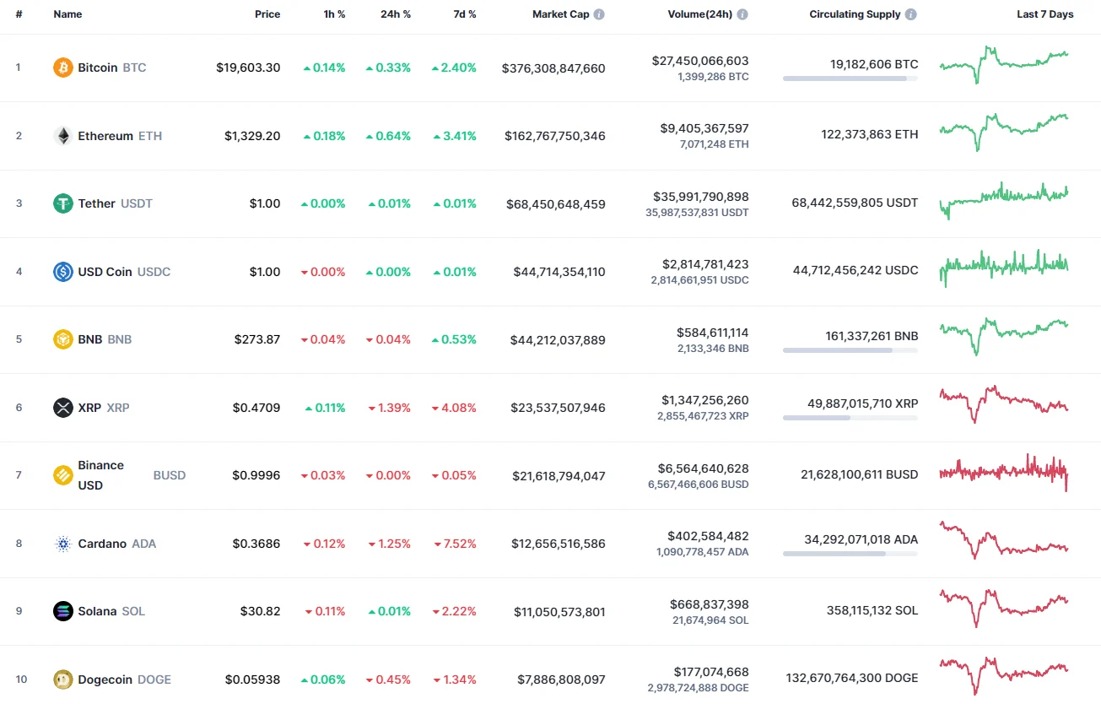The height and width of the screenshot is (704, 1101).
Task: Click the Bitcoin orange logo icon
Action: tap(63, 68)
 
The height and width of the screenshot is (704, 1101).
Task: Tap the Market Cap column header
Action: tap(560, 14)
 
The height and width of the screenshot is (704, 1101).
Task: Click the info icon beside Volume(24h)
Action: tap(742, 15)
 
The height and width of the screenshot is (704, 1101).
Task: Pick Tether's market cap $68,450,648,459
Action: tap(555, 204)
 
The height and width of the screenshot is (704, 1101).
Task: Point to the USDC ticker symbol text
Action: tap(154, 272)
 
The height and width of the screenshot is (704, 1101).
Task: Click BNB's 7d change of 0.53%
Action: tap(454, 339)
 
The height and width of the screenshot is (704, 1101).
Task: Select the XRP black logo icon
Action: tap(63, 408)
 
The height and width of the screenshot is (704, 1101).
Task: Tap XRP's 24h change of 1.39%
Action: tap(389, 408)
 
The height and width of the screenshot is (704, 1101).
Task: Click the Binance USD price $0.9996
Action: tap(256, 475)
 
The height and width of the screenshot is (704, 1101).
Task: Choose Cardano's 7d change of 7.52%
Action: tap(454, 544)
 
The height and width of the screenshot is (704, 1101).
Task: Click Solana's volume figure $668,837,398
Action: tap(709, 604)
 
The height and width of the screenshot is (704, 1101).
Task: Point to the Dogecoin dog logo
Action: tap(63, 680)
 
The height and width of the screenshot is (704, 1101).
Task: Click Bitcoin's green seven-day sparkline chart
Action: tap(1004, 64)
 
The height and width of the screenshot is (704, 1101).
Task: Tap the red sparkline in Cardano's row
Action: tap(1004, 540)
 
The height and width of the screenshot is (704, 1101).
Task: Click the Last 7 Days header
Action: tap(1044, 14)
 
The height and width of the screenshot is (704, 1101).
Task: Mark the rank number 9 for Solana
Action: tap(19, 611)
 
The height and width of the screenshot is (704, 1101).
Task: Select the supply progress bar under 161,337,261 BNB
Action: tap(850, 349)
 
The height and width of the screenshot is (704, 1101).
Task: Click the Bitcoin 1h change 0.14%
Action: tap(324, 68)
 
